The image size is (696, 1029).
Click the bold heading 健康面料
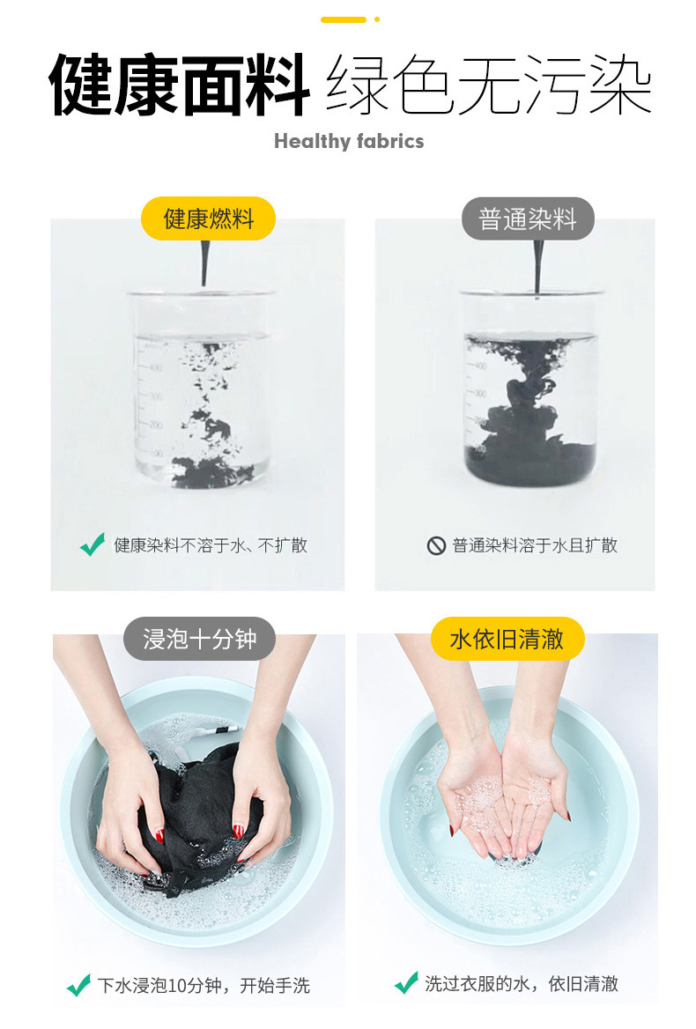click(179, 86)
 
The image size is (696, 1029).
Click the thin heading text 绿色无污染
click(489, 86)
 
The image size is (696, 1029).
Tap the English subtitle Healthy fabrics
click(348, 141)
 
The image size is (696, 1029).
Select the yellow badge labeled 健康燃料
click(209, 218)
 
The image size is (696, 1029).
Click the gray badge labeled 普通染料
click(528, 218)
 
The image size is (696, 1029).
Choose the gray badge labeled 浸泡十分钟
click(199, 639)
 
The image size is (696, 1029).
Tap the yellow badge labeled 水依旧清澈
click(507, 639)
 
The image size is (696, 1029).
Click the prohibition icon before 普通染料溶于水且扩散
click(436, 545)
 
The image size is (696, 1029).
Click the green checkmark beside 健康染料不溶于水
click(92, 544)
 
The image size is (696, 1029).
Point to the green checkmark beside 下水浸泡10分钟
click(78, 984)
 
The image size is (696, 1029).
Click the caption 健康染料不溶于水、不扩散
click(211, 545)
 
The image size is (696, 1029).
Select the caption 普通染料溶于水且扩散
click(535, 545)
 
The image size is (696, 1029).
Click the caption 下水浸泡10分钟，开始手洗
click(204, 985)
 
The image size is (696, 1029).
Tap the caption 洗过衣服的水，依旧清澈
click(522, 983)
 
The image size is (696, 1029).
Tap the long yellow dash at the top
click(343, 19)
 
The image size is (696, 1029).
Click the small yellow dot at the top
click(377, 19)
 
